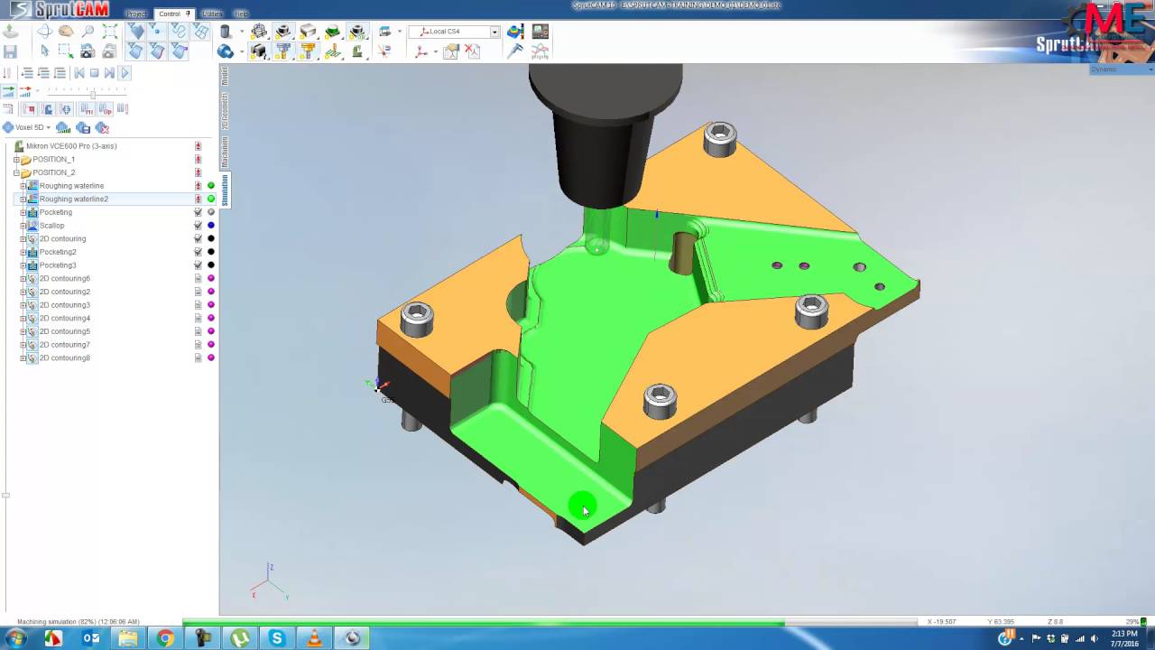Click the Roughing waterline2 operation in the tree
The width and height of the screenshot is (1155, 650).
click(x=73, y=199)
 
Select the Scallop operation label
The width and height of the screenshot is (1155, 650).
click(x=51, y=226)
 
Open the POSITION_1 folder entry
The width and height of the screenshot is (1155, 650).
click(x=53, y=159)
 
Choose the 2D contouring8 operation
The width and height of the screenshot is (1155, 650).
click(x=64, y=358)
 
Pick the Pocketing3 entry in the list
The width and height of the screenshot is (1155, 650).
click(x=58, y=265)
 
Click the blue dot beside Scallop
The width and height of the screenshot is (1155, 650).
click(x=211, y=226)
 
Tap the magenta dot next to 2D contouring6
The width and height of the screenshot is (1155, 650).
click(x=211, y=279)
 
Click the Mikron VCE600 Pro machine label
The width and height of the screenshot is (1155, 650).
click(x=71, y=146)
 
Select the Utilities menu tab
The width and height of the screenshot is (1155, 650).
click(x=212, y=14)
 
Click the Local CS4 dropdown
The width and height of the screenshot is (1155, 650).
click(x=457, y=32)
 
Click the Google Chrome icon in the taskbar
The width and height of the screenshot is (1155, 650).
click(x=165, y=638)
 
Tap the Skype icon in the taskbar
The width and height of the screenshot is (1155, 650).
click(x=277, y=638)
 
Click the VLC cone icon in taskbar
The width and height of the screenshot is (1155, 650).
click(x=314, y=638)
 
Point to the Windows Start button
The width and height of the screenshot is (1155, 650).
click(x=15, y=638)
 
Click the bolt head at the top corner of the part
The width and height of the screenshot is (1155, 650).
click(x=719, y=137)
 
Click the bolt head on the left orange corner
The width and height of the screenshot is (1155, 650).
click(x=416, y=317)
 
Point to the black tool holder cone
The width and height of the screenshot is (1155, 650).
click(x=602, y=158)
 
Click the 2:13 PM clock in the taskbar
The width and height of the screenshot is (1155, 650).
click(x=1124, y=634)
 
